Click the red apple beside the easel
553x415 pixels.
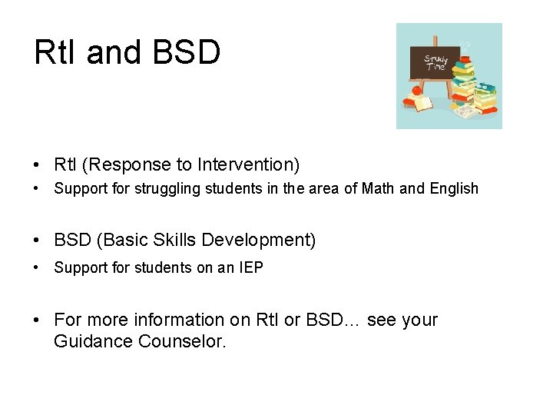point(417,90)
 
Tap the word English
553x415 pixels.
point(453,188)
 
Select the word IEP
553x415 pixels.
point(250,267)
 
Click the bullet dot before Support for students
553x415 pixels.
point(37,268)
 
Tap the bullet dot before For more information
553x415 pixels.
point(37,320)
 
